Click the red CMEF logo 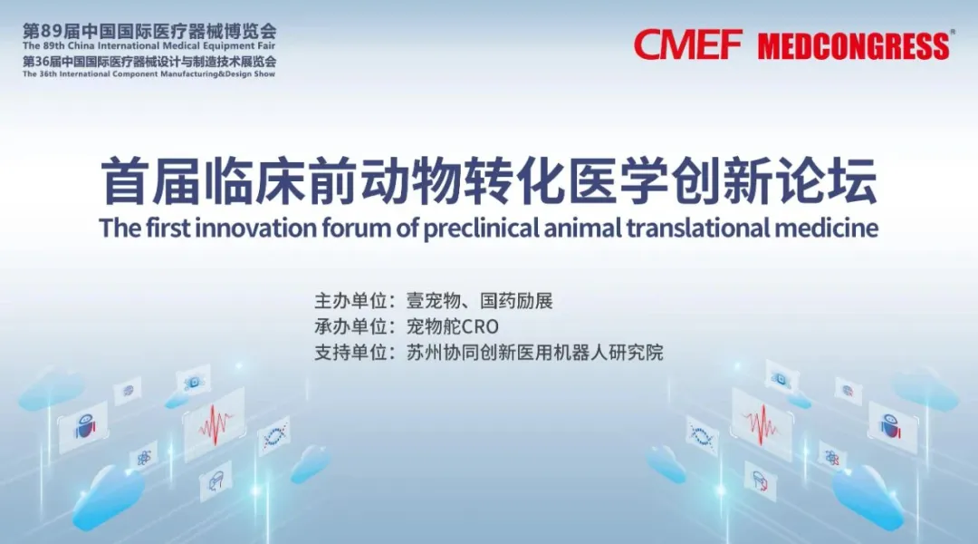coord(688,44)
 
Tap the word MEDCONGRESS coord(854,47)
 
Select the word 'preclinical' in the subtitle coord(481,228)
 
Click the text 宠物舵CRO coord(453,326)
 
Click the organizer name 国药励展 coord(516,301)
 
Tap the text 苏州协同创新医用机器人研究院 coord(535,353)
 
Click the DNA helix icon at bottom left coord(274,436)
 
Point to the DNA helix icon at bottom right coord(701,433)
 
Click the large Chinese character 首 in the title coord(125,181)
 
